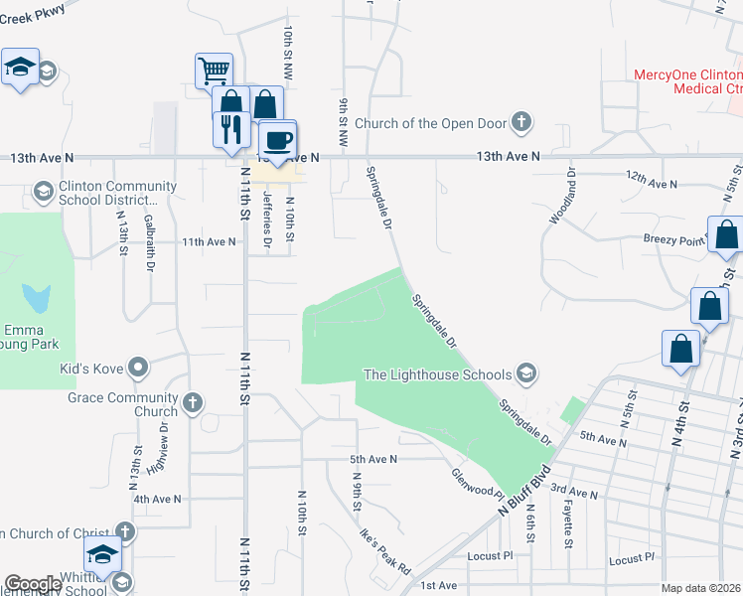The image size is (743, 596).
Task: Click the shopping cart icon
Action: click(x=215, y=71)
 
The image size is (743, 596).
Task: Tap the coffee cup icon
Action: click(x=277, y=138)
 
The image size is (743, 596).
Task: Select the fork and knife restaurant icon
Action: click(x=229, y=127)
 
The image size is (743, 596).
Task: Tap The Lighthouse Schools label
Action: click(x=437, y=374)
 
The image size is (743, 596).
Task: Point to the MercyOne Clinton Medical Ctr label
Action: click(x=688, y=81)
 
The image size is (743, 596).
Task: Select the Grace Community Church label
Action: click(x=122, y=404)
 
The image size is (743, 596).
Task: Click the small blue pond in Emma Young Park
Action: click(x=38, y=296)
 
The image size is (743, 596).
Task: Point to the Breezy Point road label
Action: click(x=676, y=238)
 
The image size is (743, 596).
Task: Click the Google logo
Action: click(x=33, y=584)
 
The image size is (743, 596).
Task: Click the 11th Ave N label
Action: click(x=208, y=241)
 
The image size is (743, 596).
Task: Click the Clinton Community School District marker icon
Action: click(x=43, y=189)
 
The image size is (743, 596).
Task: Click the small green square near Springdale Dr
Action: click(x=572, y=410)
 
